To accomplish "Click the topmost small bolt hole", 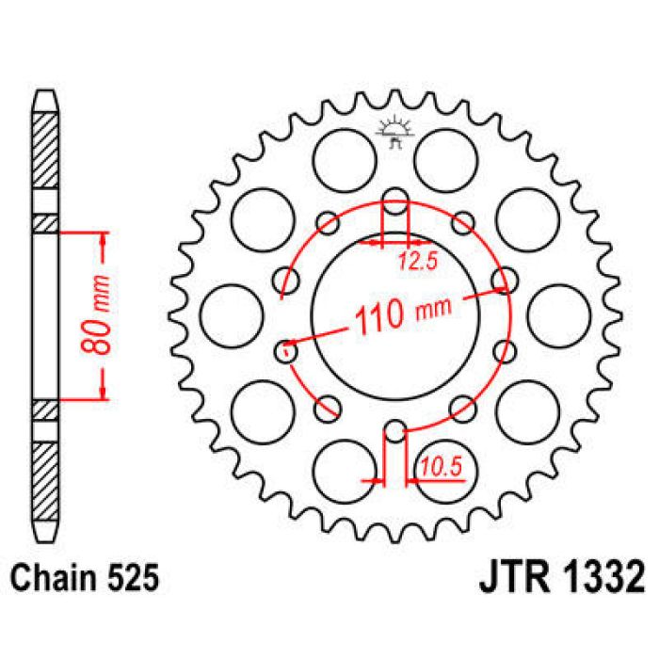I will [x=396, y=201].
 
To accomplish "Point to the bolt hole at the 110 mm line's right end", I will [x=506, y=280].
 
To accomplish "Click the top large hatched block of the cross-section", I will [x=45, y=150].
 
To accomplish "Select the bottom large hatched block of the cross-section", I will [x=45, y=481].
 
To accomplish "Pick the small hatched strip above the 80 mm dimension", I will [x=45, y=223].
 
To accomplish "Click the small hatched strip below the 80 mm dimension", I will [x=45, y=409].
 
